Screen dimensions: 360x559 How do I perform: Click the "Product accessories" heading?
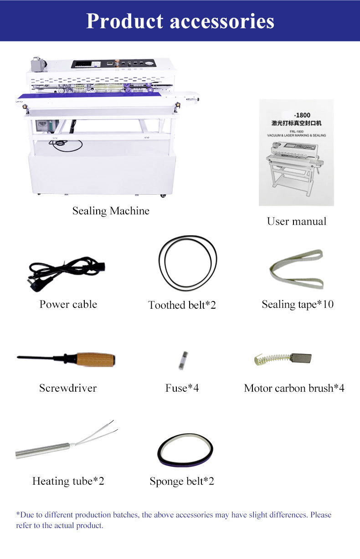[x=180, y=21]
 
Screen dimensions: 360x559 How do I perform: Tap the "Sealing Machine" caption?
[x=111, y=211]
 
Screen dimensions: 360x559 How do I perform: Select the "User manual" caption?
[x=297, y=221]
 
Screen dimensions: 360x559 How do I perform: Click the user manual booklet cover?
[x=296, y=152]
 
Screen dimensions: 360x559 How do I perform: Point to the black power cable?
[x=66, y=271]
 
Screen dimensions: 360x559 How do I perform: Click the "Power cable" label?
[x=68, y=304]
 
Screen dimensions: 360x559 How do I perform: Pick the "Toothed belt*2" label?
[x=182, y=305]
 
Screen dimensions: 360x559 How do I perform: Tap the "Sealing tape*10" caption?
[x=298, y=305]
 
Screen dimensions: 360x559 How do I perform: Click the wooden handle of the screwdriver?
[x=96, y=360]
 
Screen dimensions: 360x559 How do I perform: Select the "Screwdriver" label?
[x=68, y=388]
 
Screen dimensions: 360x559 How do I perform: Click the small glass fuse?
[x=183, y=361]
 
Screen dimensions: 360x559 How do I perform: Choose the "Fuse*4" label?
[x=182, y=388]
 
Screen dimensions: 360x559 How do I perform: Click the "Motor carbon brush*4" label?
[x=294, y=388]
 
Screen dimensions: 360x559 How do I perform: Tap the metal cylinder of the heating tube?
[x=43, y=451]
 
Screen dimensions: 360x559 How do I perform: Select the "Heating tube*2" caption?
[x=68, y=481]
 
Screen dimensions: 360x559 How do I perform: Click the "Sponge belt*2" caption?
[x=182, y=481]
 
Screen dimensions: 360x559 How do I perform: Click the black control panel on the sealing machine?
[x=114, y=64]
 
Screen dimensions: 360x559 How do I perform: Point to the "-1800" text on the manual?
[x=302, y=115]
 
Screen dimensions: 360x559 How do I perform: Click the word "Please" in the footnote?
[x=321, y=515]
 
